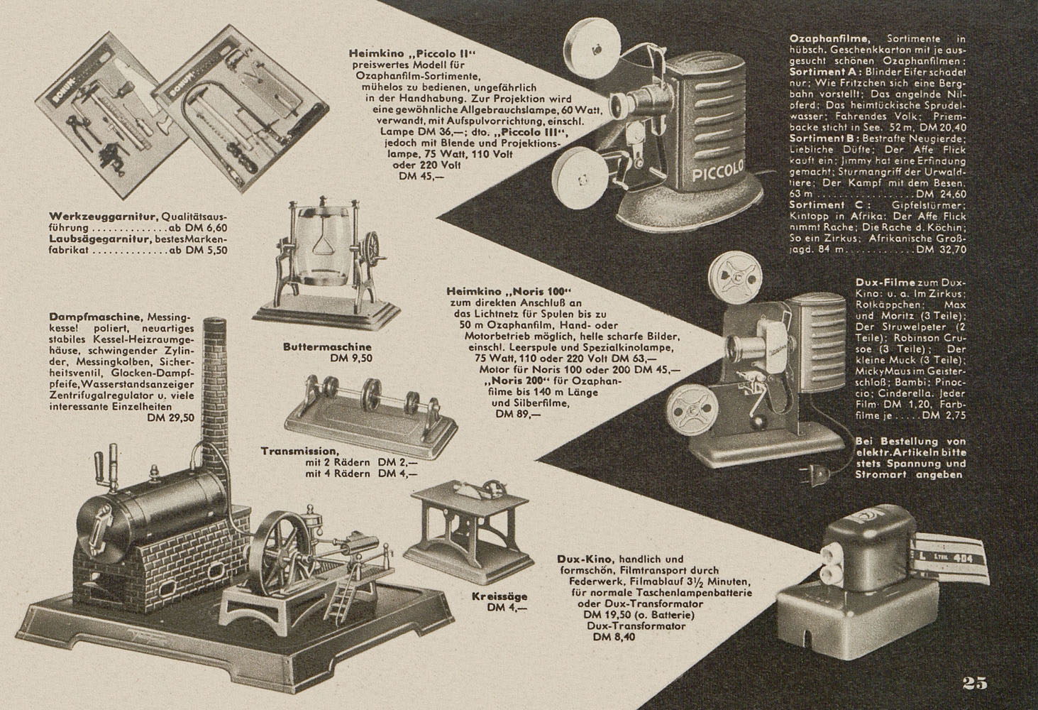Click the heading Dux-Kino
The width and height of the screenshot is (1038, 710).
click(575, 559)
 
